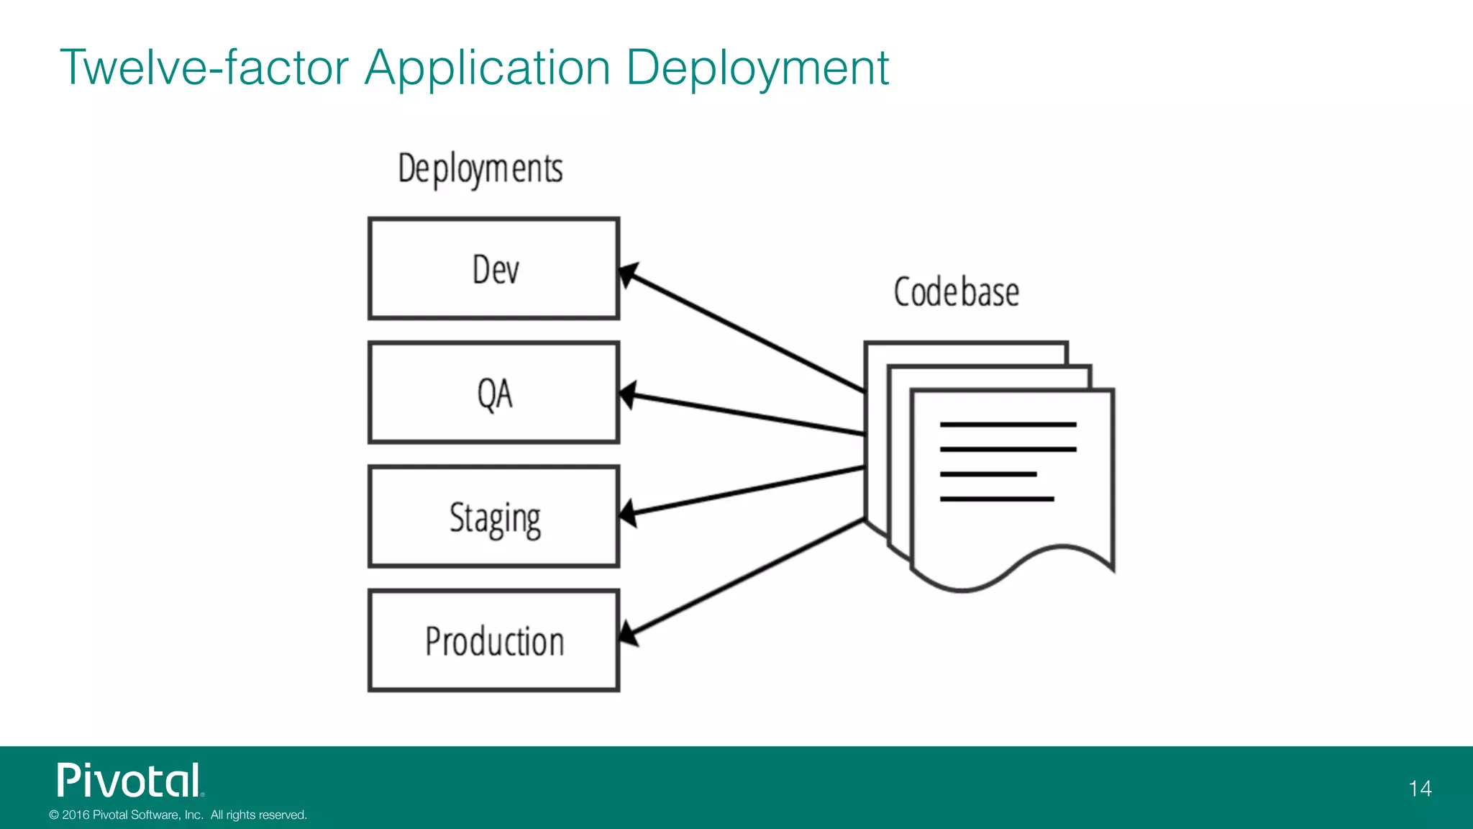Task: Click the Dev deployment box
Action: pos(493,268)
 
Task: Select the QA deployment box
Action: pos(493,393)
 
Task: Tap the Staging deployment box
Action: pos(493,517)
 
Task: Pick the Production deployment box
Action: pos(493,640)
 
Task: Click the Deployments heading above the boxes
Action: pos(480,170)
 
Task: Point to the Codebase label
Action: pos(956,292)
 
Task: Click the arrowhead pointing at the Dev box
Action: pos(627,274)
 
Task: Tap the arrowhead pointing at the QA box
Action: pos(627,394)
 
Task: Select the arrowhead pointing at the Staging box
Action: pos(627,513)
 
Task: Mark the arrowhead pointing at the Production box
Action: pos(627,634)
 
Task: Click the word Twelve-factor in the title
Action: pos(204,68)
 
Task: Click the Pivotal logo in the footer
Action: pos(130,781)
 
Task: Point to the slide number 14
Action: pos(1420,789)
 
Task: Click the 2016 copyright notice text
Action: pos(178,815)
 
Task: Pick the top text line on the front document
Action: pos(1008,425)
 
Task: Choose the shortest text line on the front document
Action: pos(988,474)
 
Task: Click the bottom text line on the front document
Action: pos(997,499)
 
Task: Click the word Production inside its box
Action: pos(495,641)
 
